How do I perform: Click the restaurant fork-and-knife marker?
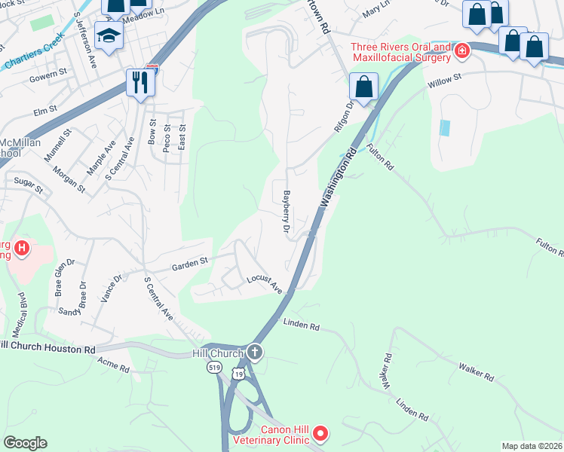tap(140, 81)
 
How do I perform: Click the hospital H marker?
tap(22, 247)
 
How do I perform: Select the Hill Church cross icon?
tap(255, 353)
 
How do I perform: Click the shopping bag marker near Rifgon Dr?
tap(364, 87)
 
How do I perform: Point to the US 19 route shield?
tap(239, 374)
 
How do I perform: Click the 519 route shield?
tap(215, 368)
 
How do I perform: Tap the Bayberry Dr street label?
tap(287, 211)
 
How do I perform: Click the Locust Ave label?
tap(265, 285)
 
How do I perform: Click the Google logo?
tap(25, 443)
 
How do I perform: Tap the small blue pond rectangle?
tap(443, 127)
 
